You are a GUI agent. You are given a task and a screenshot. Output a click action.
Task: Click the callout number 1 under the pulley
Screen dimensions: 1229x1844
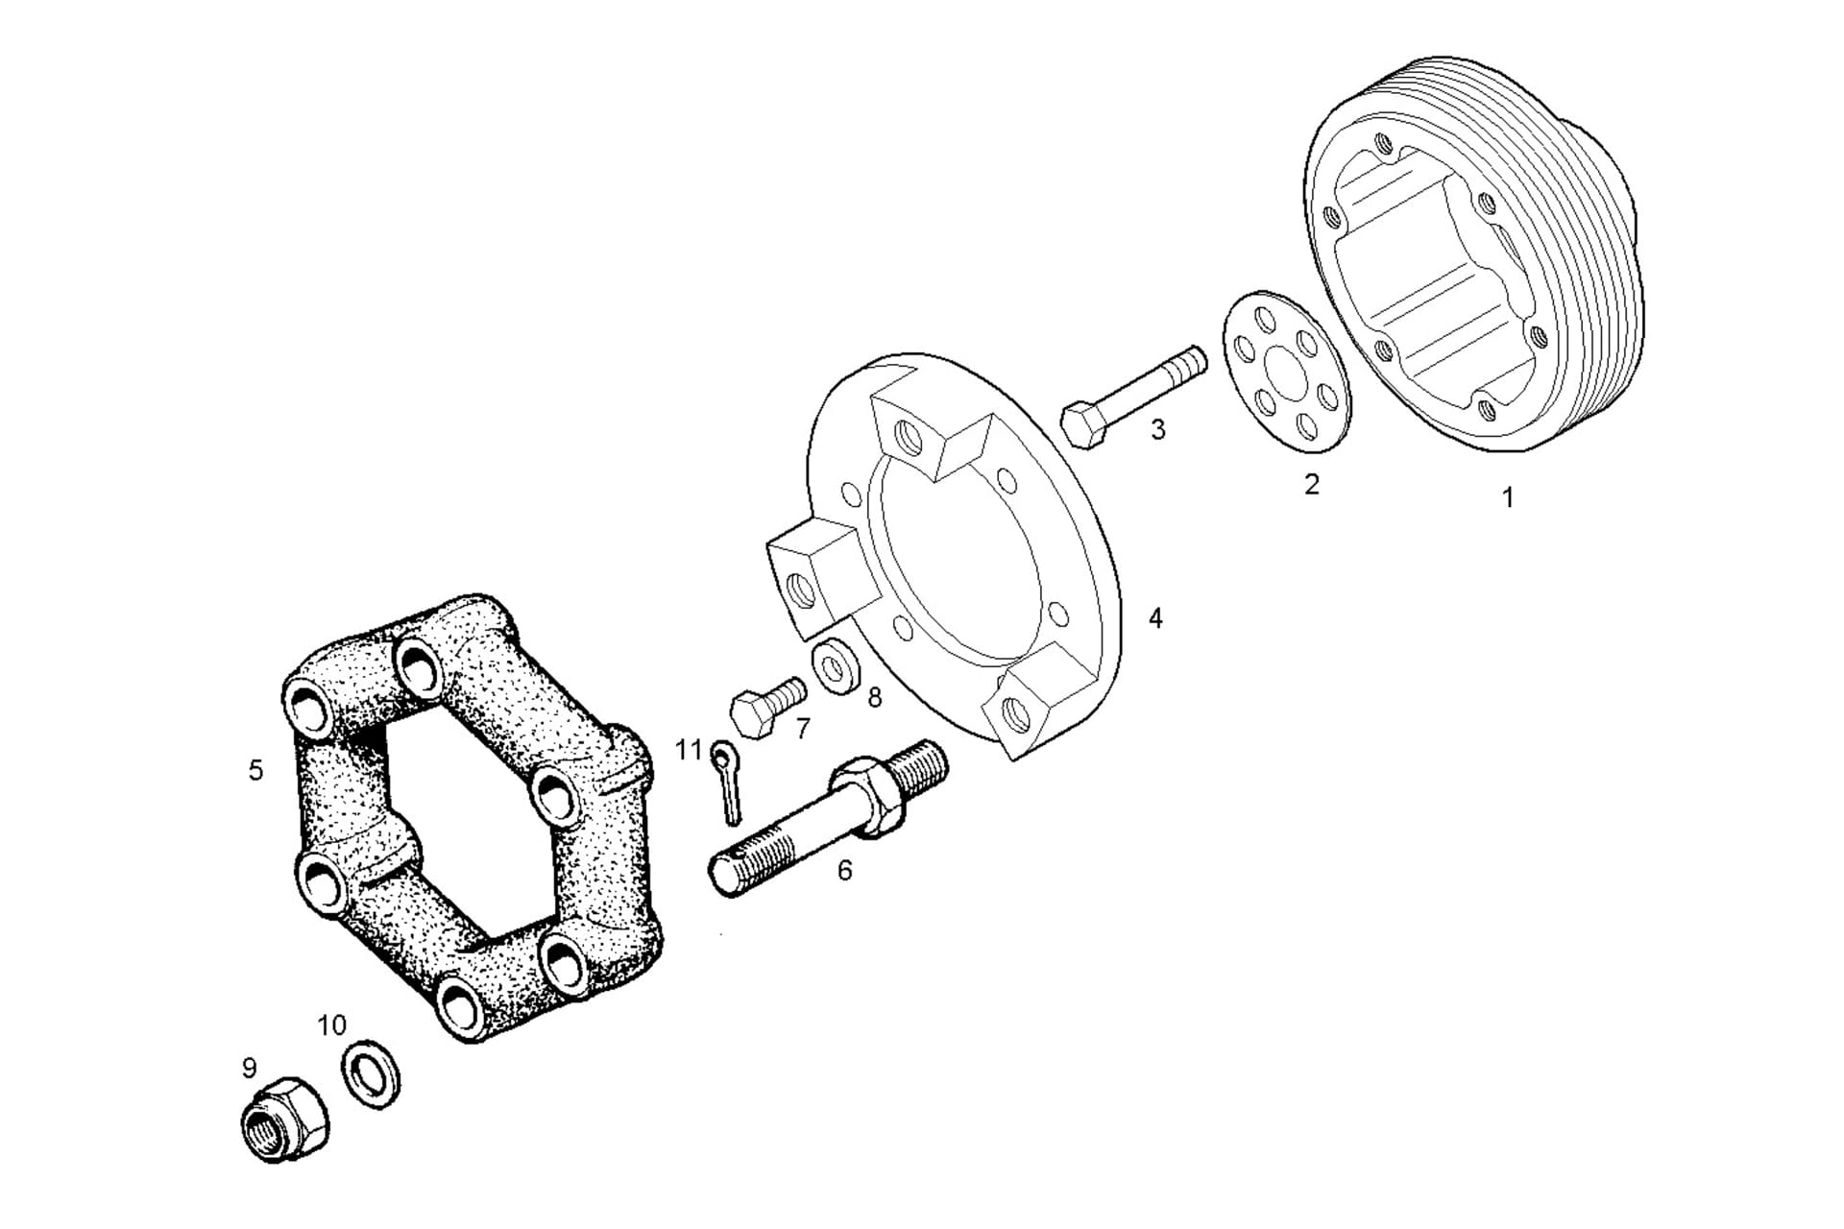(x=1507, y=497)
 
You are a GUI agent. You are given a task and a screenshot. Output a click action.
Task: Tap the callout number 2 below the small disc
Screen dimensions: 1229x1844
(x=1311, y=484)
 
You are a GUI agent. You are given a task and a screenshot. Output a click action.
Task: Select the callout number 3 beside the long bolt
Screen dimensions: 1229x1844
(x=1157, y=429)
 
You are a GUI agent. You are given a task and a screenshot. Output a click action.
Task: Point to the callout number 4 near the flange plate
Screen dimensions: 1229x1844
(x=1155, y=618)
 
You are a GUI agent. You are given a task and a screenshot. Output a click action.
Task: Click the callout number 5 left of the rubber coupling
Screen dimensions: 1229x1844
(x=255, y=770)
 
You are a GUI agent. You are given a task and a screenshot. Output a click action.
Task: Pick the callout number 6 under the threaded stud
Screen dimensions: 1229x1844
(x=844, y=870)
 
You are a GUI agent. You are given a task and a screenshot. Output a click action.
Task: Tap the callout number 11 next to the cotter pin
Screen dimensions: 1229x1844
(x=689, y=749)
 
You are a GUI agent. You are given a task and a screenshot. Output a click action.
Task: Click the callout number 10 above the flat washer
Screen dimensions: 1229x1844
(x=331, y=1025)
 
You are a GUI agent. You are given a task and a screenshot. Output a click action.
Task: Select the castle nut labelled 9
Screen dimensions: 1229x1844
(x=283, y=1119)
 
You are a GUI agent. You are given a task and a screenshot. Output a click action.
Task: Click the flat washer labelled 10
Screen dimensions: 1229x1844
(x=372, y=1073)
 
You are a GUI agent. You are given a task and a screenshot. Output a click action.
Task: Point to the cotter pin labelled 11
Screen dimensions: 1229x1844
(x=727, y=783)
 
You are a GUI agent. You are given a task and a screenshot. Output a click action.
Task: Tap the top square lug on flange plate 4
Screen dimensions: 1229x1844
(x=926, y=430)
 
